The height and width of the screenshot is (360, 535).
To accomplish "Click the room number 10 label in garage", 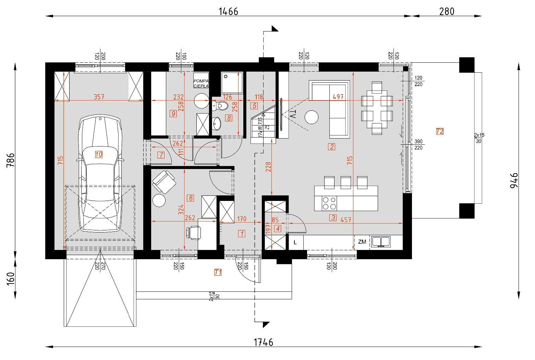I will click(x=99, y=155).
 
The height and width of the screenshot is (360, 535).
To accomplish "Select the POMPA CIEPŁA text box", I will click(x=201, y=83).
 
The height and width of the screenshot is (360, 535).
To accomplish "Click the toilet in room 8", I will click(x=220, y=106).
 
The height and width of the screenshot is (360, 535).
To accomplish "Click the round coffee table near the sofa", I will click(x=312, y=117).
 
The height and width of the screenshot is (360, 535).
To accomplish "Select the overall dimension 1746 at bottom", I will click(x=263, y=342).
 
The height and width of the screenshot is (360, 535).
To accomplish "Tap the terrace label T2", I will click(x=440, y=131).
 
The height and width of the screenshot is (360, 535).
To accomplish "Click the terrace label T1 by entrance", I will click(x=218, y=272).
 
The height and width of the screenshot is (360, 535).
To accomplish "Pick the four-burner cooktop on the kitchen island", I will click(x=329, y=203).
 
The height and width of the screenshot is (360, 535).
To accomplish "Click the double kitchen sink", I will click(x=381, y=242).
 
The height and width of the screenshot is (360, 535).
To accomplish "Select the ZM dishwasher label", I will click(x=362, y=242).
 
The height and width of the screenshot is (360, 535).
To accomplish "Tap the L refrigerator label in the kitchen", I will click(x=295, y=242).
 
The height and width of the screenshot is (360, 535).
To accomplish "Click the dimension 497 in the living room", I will click(x=338, y=97).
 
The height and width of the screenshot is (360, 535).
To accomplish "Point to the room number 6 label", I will click(x=191, y=198).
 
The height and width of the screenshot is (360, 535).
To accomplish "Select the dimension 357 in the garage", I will click(x=99, y=97).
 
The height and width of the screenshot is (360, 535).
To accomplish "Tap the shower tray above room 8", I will click(x=232, y=82).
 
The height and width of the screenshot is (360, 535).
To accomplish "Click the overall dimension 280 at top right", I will click(x=447, y=12).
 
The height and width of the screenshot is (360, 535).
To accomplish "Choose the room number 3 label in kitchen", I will click(x=332, y=218).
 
